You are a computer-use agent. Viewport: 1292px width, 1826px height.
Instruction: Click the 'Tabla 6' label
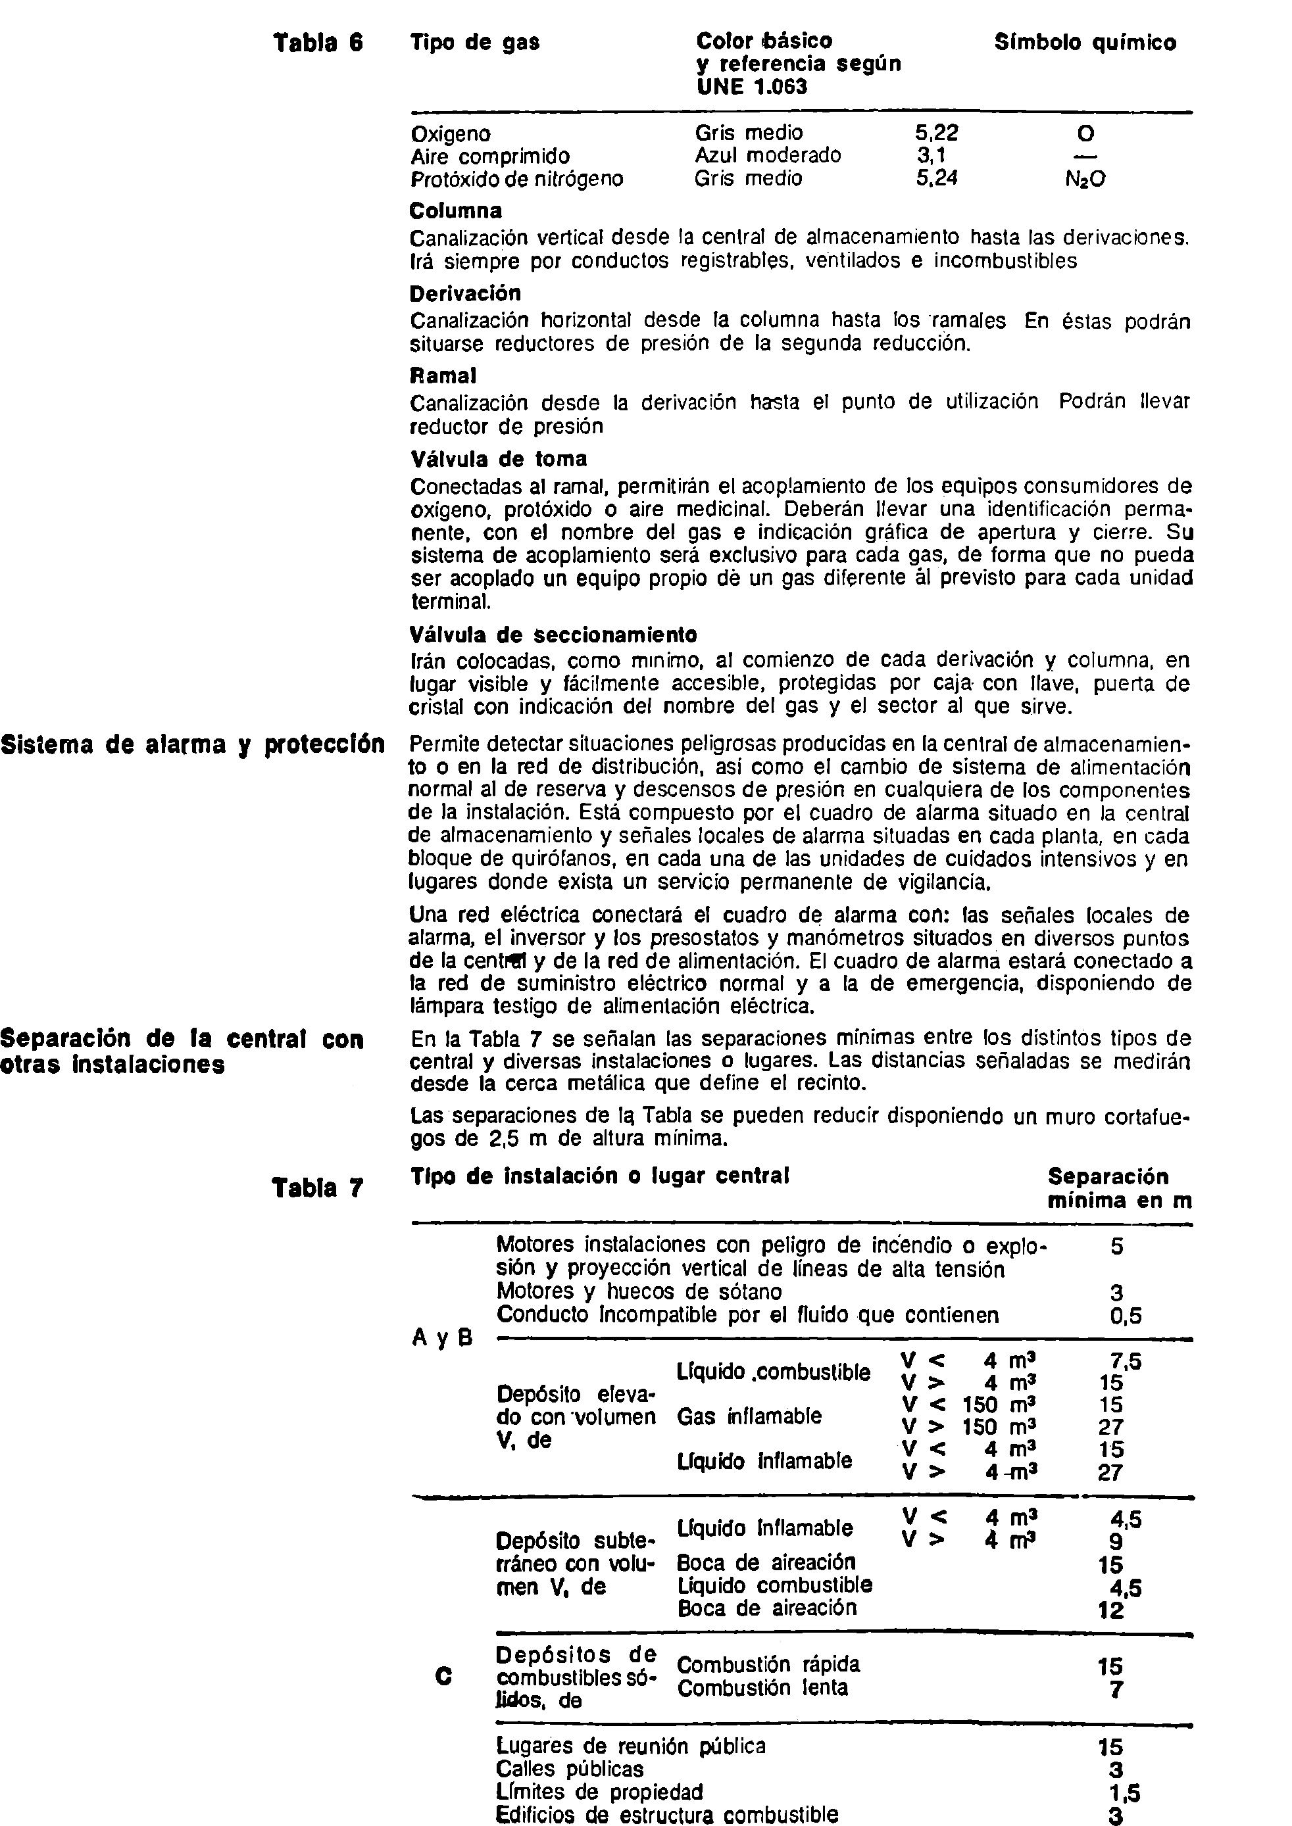(x=318, y=42)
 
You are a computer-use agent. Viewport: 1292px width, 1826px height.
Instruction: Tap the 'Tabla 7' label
(x=318, y=1188)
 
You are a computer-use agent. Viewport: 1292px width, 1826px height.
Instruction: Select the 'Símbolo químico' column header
(x=1085, y=42)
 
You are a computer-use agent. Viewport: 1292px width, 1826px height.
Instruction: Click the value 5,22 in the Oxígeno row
(x=937, y=133)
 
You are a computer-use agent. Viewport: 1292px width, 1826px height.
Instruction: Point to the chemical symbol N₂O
(x=1085, y=180)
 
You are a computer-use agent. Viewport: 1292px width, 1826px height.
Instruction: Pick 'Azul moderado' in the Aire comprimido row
(x=768, y=155)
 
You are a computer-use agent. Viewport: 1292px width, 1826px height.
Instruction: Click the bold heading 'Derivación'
(x=465, y=293)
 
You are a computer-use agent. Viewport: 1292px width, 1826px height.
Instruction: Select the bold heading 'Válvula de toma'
(x=499, y=459)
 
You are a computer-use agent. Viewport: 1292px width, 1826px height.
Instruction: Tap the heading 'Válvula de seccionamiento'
(x=553, y=635)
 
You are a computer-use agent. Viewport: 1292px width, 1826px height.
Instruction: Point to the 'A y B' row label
(x=443, y=1337)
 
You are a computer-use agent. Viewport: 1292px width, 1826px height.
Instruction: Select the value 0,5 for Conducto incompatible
(x=1126, y=1316)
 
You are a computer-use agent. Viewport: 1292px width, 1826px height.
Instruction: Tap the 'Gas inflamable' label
(x=749, y=1416)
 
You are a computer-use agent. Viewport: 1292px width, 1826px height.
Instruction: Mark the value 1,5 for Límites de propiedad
(x=1124, y=1792)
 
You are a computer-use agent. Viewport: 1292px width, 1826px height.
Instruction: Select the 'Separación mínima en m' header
(x=1118, y=1188)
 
